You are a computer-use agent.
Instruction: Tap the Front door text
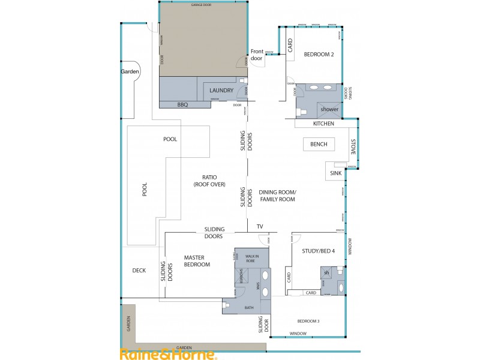coord(257,55)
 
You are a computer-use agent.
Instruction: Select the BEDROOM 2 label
coord(319,55)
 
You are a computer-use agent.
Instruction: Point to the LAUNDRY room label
coord(221,91)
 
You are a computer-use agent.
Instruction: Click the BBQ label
coord(182,104)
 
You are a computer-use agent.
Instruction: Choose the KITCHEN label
coord(323,124)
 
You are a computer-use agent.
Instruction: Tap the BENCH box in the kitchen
coord(319,145)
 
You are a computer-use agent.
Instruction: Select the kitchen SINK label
coord(335,173)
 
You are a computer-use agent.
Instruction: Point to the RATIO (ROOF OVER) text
coord(209,181)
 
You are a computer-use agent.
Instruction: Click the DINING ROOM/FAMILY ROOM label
coord(277,196)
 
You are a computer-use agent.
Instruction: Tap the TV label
coord(260,227)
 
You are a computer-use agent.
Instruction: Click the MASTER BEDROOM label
coord(197,261)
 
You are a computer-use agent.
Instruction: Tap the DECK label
coord(139,270)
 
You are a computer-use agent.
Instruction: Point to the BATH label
coord(249,308)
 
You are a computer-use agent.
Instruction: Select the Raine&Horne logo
coord(168,354)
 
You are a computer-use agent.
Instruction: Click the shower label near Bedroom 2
coord(329,109)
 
